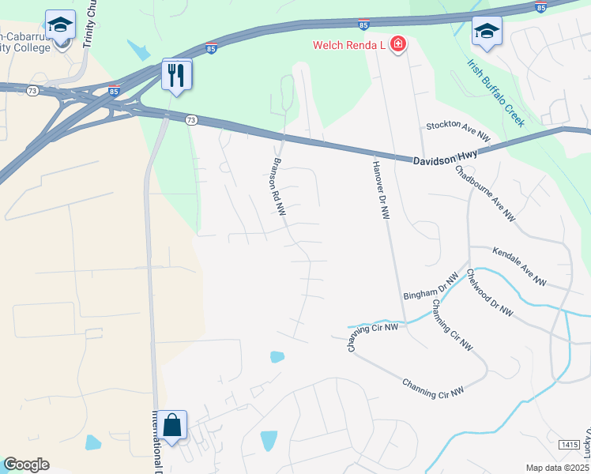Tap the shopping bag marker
coord(171,427)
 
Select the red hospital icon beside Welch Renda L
coord(398,44)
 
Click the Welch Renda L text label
coord(348,45)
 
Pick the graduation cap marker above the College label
coord(60,27)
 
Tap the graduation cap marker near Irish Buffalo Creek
coord(487,32)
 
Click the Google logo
coord(26,465)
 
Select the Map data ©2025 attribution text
coord(557,468)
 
